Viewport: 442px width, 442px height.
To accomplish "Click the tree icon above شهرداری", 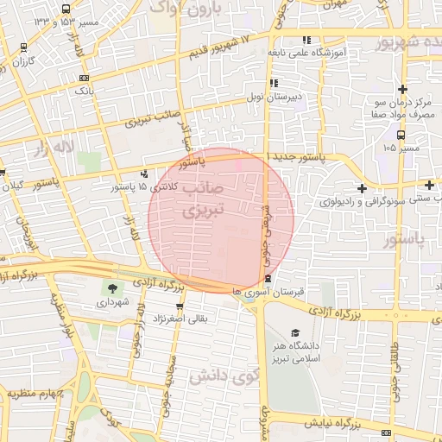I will point(112,287).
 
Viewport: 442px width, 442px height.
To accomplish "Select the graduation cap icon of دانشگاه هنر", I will point(295,332).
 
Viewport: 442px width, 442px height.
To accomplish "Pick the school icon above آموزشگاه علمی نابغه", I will point(306,40).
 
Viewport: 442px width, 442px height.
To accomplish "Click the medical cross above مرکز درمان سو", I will point(401,87).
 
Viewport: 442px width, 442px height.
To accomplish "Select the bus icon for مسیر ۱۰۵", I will point(400,135).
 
